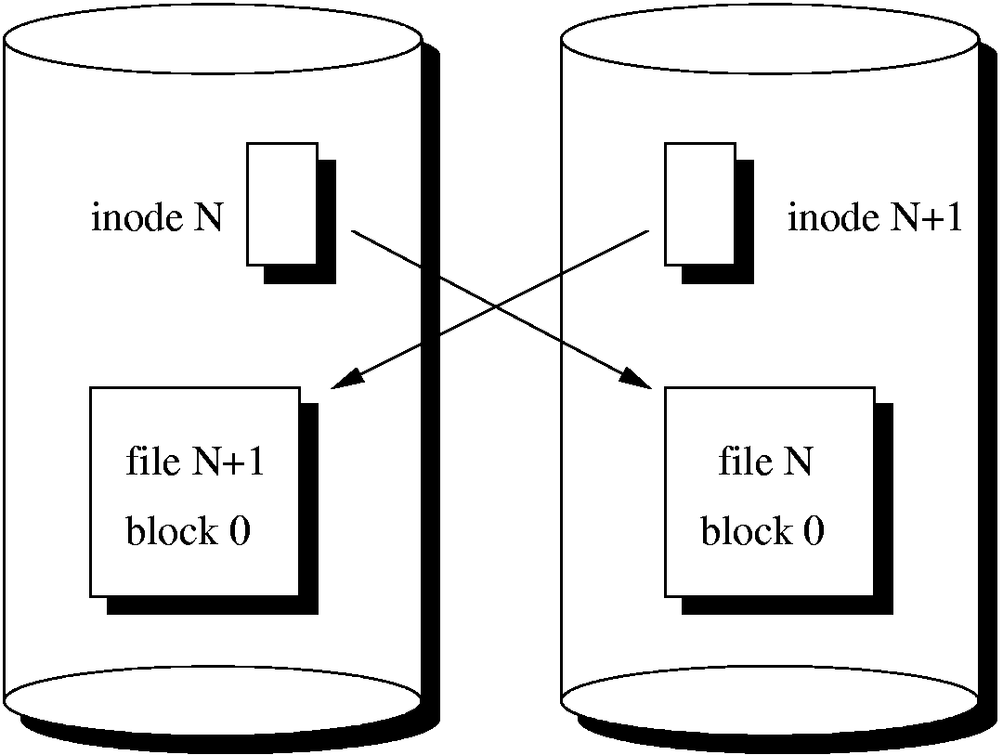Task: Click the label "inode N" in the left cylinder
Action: (156, 218)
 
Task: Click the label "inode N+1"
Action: (875, 218)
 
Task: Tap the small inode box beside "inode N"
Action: (282, 203)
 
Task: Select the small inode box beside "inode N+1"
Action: (700, 203)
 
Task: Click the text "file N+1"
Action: (195, 462)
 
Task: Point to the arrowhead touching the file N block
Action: (638, 378)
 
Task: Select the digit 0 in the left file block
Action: (240, 533)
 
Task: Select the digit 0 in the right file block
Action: (814, 533)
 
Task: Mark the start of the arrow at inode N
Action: (353, 229)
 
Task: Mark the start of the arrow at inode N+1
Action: (646, 230)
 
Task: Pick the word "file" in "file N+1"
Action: (153, 462)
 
